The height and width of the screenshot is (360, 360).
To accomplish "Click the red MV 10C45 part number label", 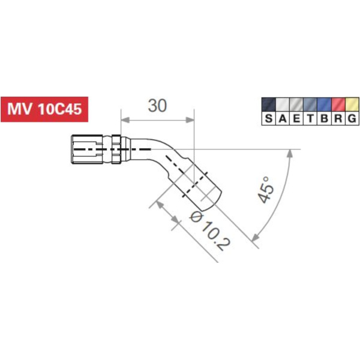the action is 44,109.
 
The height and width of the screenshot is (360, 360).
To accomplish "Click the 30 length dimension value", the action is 157,106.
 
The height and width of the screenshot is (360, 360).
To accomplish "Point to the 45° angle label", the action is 266,190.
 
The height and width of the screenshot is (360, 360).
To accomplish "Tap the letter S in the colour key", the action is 269,118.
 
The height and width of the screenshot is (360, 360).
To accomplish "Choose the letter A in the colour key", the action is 283,118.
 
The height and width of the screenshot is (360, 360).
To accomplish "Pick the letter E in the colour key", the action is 296,118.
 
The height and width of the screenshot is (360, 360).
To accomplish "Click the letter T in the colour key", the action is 310,118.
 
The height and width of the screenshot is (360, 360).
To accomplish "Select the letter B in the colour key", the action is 325,118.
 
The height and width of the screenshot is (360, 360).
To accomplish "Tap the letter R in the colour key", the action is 338,118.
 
